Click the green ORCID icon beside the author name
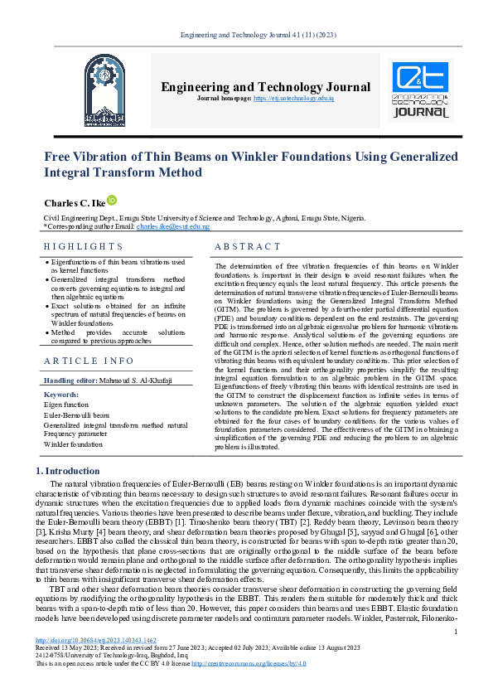(x=113, y=201)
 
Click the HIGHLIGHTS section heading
(x=83, y=246)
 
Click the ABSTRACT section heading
(x=248, y=246)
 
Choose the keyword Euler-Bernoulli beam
(x=77, y=414)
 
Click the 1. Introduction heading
(x=70, y=471)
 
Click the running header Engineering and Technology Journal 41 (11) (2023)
(x=246, y=33)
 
